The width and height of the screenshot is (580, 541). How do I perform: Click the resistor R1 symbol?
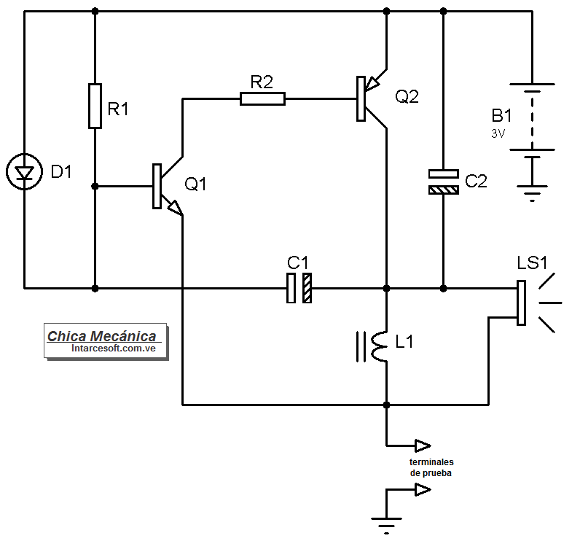click(95, 106)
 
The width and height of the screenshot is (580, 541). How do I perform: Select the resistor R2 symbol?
click(262, 98)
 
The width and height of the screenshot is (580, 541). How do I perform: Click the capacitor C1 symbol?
click(299, 288)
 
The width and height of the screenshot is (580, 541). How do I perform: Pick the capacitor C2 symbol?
click(443, 182)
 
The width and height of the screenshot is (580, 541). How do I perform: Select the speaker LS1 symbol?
click(522, 303)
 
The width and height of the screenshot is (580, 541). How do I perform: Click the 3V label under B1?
click(498, 134)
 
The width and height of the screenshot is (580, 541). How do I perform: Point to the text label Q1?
click(195, 184)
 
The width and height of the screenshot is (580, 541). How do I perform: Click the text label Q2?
click(407, 96)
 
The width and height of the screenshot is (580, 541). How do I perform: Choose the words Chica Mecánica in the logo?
click(102, 336)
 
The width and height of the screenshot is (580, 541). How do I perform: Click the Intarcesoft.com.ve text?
click(109, 349)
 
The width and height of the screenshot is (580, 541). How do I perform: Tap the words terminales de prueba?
click(431, 467)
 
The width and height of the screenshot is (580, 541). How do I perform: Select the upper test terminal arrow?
click(422, 445)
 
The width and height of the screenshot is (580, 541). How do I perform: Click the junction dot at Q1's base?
click(95, 187)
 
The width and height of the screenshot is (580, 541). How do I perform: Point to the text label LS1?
click(532, 261)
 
